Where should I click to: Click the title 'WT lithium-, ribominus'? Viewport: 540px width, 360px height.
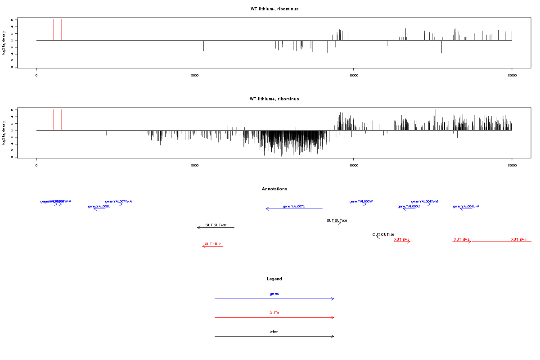[274, 9]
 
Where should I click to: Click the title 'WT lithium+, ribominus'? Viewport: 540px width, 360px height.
[274, 99]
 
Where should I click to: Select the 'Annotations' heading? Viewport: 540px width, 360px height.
[274, 189]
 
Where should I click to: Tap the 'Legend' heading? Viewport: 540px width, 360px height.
[274, 279]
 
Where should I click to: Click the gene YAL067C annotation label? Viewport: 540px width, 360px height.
[294, 206]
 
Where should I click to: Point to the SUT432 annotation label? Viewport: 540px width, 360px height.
[216, 225]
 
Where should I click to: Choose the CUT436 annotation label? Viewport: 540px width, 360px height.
[383, 234]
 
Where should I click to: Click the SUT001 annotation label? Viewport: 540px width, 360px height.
[337, 220]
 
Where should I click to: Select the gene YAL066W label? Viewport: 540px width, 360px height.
[361, 201]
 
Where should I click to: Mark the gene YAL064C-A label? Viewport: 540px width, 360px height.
[466, 206]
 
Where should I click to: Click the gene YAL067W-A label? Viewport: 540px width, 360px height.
[118, 201]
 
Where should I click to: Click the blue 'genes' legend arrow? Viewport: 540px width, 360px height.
[274, 298]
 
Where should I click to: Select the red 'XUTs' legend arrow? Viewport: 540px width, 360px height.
[274, 317]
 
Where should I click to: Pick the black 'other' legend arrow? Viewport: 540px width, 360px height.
[274, 336]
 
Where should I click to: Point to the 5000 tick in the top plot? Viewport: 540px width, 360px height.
[195, 76]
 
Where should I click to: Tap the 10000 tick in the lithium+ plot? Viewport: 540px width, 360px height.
[354, 166]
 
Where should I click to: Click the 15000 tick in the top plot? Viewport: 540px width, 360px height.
[512, 76]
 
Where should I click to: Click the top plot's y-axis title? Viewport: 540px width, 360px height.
[4, 43]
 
